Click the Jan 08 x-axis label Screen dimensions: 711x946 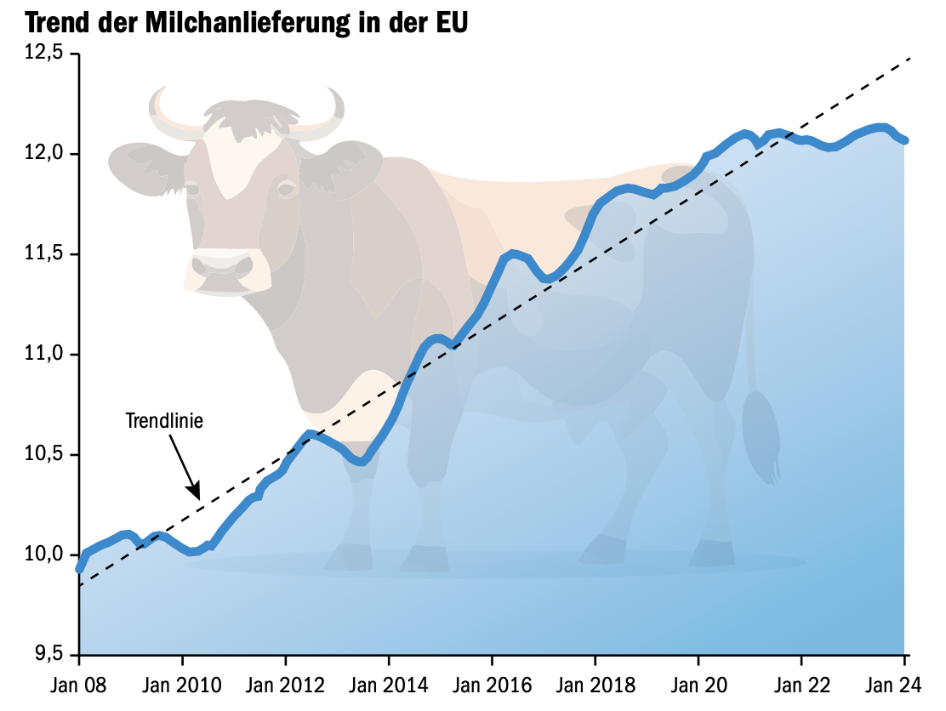[79, 685]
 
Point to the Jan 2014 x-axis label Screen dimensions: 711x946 [389, 685]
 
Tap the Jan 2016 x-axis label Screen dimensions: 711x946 [492, 685]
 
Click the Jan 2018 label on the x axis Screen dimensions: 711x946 [595, 685]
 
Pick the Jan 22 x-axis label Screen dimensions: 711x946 [801, 685]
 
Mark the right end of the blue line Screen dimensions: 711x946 [905, 139]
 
